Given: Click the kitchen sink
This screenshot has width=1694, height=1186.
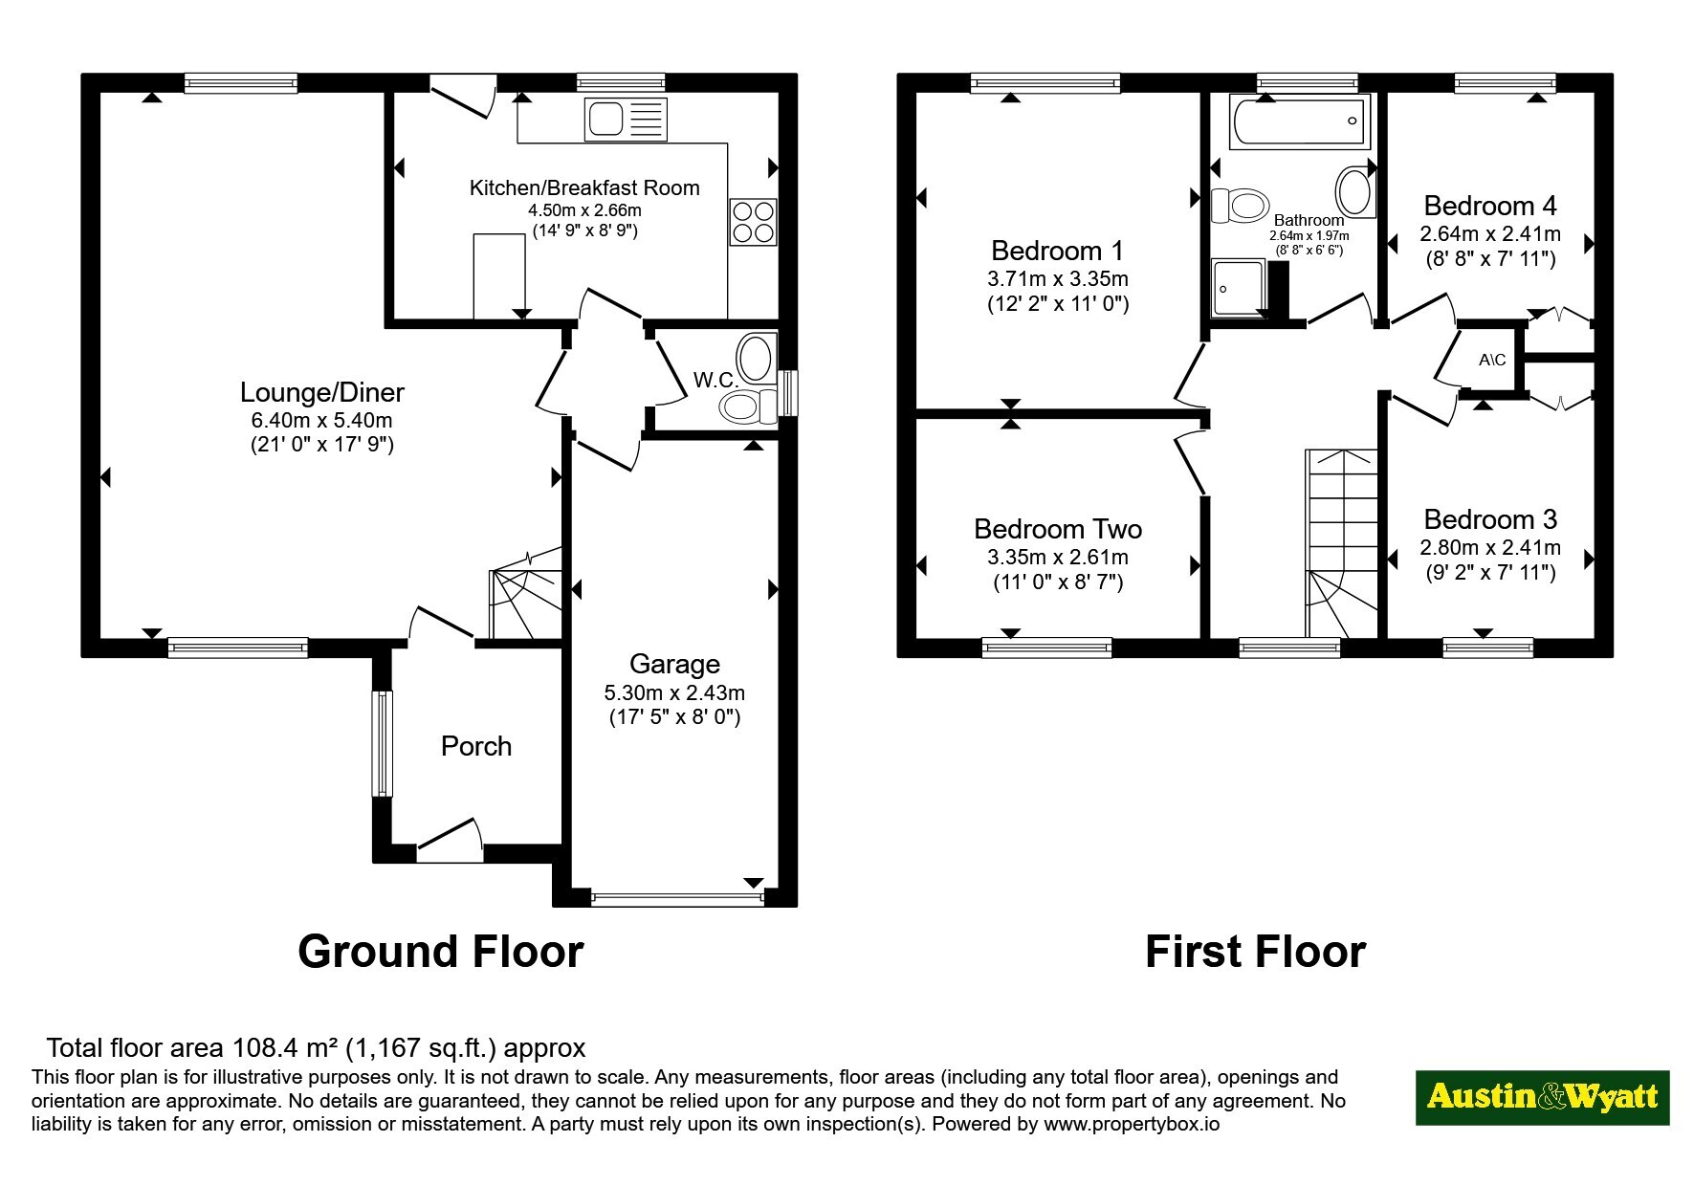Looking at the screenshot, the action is click(x=626, y=120).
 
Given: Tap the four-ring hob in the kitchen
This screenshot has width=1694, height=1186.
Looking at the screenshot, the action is click(x=753, y=221).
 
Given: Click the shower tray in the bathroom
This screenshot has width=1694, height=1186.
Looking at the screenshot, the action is click(x=1240, y=287).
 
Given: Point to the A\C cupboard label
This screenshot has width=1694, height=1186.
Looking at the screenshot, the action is click(x=1492, y=361).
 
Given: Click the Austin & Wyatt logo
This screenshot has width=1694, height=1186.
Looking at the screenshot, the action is click(x=1542, y=1097).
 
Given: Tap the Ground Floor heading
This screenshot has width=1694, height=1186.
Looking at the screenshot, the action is click(x=440, y=952).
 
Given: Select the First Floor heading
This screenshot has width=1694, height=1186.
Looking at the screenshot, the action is click(x=1255, y=952).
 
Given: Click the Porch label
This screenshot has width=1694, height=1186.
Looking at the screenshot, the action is click(x=476, y=746).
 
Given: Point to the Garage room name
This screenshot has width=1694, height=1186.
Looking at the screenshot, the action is click(x=674, y=664).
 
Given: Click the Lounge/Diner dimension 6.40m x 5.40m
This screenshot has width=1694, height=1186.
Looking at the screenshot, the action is click(x=322, y=420).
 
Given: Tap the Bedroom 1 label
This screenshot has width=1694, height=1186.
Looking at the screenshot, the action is click(x=1057, y=251).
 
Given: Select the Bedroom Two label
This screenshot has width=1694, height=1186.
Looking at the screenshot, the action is click(x=1058, y=529).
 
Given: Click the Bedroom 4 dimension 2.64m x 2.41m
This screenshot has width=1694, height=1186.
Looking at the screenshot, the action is click(x=1490, y=233).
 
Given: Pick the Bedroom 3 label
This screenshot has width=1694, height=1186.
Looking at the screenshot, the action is click(x=1490, y=519).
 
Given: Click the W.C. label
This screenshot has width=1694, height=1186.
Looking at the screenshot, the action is click(x=715, y=380).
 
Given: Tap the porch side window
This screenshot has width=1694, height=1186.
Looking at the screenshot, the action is click(x=383, y=743).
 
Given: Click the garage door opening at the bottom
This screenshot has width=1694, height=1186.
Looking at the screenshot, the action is click(x=677, y=898).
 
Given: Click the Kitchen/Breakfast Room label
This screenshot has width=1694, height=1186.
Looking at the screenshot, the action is click(x=584, y=187).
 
